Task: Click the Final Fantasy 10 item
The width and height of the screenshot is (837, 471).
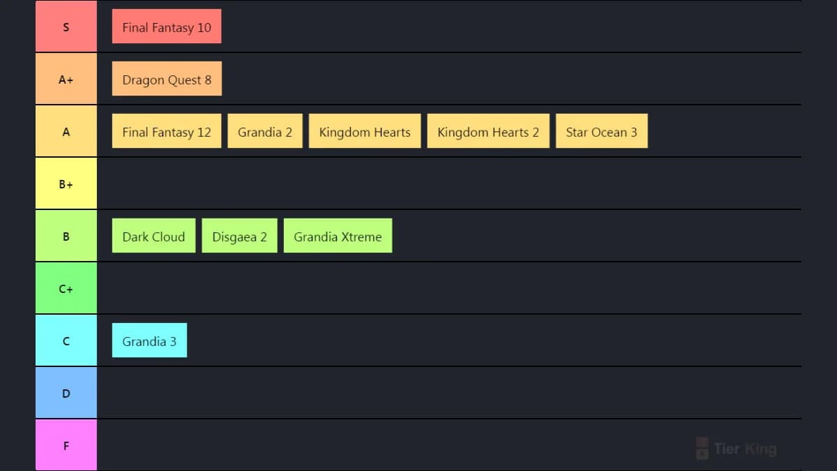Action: tap(167, 27)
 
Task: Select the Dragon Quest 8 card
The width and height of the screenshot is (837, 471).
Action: tap(167, 78)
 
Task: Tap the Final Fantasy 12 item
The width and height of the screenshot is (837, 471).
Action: tap(167, 131)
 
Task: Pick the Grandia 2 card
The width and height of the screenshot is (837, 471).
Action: tap(265, 131)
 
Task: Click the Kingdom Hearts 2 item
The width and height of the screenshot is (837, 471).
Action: tap(488, 131)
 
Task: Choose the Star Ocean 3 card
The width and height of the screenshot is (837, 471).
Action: tap(601, 131)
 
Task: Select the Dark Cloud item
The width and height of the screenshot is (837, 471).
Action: tap(153, 236)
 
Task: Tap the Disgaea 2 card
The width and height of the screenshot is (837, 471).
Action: tap(239, 236)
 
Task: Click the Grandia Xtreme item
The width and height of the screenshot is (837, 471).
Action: tap(338, 236)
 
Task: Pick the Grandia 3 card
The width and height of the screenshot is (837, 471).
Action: tap(149, 341)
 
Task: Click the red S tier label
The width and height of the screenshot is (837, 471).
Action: tap(66, 27)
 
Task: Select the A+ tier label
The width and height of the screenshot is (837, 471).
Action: tap(66, 78)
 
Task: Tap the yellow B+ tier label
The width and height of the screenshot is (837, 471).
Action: tap(66, 183)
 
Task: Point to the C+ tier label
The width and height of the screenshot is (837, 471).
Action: tap(66, 287)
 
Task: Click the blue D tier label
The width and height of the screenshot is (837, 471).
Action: tap(66, 392)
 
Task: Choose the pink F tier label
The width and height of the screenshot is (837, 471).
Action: tap(66, 445)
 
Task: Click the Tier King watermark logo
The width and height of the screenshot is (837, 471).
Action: tap(736, 448)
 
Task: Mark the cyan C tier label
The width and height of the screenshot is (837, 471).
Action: tap(66, 341)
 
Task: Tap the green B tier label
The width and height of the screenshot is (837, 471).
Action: tap(66, 236)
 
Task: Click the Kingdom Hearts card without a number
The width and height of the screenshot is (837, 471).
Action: tap(365, 131)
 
